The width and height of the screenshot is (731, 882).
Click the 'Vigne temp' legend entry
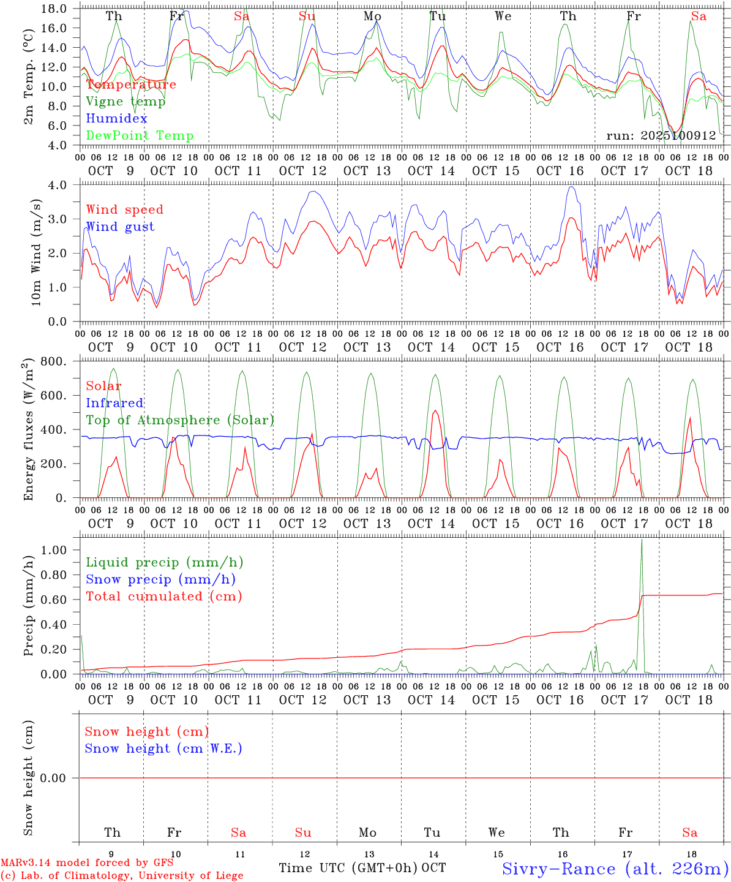click(x=126, y=102)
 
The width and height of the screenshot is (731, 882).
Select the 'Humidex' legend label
click(x=116, y=119)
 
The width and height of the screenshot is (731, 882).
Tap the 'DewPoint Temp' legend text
click(x=140, y=136)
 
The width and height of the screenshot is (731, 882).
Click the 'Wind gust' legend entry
click(x=120, y=227)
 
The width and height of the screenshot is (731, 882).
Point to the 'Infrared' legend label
click(x=114, y=403)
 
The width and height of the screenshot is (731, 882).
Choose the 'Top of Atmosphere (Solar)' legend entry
click(x=180, y=420)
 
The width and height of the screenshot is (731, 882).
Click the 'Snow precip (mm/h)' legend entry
click(x=160, y=579)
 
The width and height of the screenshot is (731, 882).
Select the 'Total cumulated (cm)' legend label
click(x=163, y=597)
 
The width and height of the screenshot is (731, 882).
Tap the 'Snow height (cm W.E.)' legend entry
click(x=163, y=748)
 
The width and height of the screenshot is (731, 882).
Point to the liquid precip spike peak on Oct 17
click(x=642, y=540)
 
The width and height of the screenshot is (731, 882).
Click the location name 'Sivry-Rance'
click(x=558, y=869)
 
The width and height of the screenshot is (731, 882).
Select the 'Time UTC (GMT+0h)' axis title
click(x=348, y=868)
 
